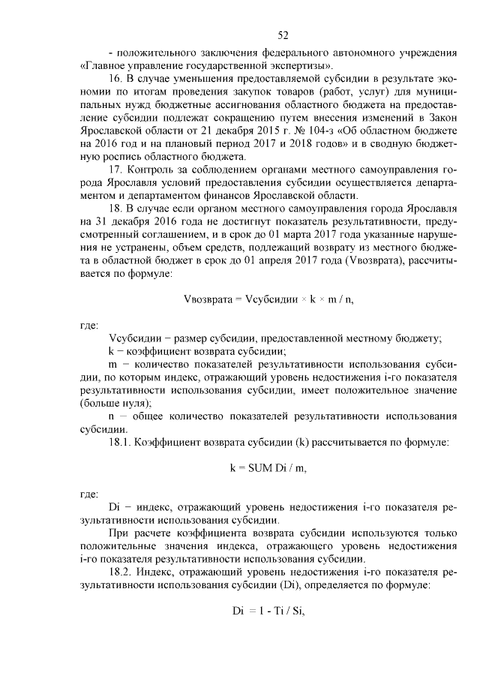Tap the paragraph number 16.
pyautogui.click(x=116, y=80)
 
